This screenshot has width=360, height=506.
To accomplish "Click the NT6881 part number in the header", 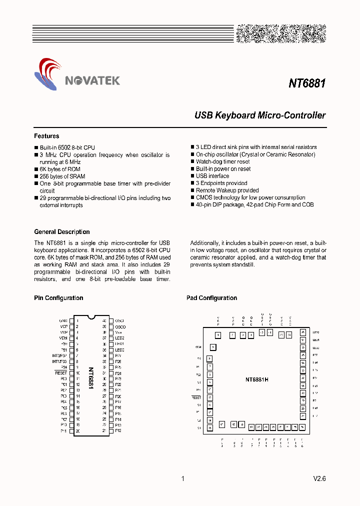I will [307, 83].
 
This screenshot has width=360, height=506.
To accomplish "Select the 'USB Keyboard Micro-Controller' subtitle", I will [259, 115].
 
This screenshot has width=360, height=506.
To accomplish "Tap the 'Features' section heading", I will [46, 136].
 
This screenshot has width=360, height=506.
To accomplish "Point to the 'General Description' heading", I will [62, 232].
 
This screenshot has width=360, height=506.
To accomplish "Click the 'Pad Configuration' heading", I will [211, 298].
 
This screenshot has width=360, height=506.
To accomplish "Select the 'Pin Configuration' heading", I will [58, 298].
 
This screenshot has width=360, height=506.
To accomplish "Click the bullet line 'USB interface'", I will [212, 176].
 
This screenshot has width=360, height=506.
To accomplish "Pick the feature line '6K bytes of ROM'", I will [59, 169].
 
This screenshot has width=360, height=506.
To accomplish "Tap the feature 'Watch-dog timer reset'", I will [223, 161].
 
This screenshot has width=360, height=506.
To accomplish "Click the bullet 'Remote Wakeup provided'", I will [227, 190].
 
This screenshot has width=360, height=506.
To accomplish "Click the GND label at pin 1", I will [63, 320].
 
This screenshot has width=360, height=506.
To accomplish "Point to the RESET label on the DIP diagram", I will [61, 373].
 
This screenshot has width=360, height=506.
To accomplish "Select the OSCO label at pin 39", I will [120, 326].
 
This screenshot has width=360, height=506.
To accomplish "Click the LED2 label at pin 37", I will [119, 338].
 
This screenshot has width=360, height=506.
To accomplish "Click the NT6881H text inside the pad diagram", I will [257, 379].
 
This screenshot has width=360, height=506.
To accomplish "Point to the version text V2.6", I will [319, 478].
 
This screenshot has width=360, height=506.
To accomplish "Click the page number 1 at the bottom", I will [182, 478].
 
